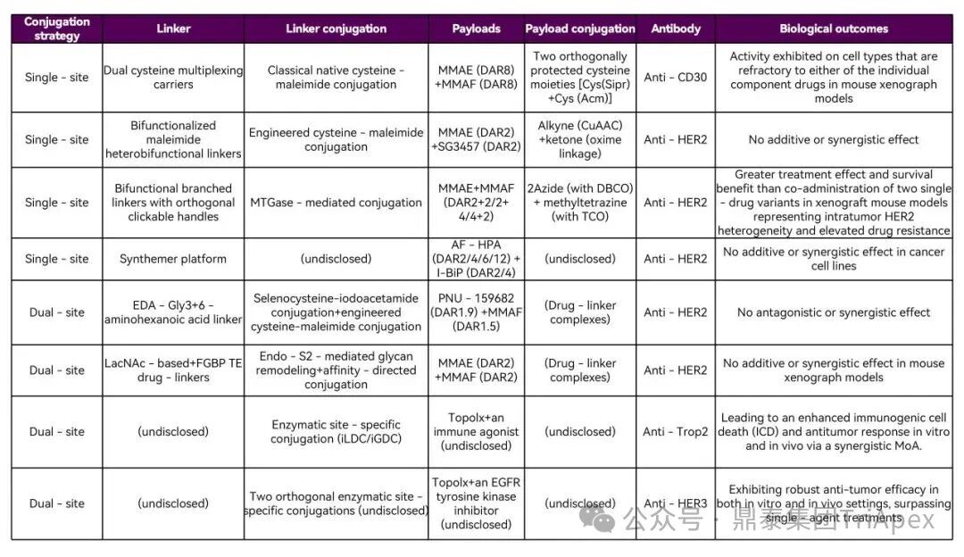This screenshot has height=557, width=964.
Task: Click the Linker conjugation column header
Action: click(336, 29)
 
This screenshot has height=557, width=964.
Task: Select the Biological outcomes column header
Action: click(833, 29)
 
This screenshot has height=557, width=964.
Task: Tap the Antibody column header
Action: click(676, 29)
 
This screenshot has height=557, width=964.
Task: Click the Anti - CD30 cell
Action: click(676, 78)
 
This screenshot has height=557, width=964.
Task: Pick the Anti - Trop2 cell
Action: click(676, 432)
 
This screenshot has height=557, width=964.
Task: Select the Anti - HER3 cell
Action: click(676, 503)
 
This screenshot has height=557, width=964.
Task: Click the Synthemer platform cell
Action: click(173, 259)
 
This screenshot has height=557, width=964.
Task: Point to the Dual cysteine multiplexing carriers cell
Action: click(173, 78)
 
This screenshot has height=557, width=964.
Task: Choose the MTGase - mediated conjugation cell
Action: click(336, 203)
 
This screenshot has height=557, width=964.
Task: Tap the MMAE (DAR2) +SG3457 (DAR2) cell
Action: click(476, 139)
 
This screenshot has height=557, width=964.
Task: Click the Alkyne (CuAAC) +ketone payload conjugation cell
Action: click(579, 139)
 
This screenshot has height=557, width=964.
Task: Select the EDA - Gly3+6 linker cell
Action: click(173, 312)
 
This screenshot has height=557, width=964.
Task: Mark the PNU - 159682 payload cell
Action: click(476, 312)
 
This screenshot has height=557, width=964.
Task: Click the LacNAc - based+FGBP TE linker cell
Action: click(173, 370)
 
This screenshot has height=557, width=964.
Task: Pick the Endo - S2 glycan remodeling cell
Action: click(336, 370)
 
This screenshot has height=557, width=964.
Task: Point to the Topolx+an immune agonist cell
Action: click(476, 432)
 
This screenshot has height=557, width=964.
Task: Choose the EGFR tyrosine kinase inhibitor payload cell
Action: click(476, 503)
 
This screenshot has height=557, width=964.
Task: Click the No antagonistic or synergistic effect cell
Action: click(833, 312)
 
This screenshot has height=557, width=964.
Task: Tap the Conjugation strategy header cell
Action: click(57, 29)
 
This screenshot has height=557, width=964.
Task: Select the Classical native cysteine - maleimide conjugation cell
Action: click(336, 78)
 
